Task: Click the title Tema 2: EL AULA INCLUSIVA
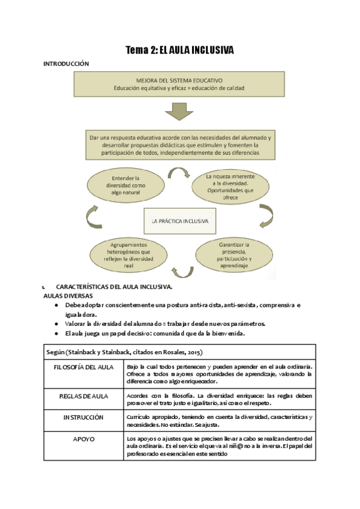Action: pyautogui.click(x=179, y=50)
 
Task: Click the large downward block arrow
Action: pyautogui.click(x=179, y=111)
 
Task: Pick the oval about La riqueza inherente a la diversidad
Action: pyautogui.click(x=230, y=184)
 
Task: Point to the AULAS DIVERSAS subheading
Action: pyautogui.click(x=68, y=296)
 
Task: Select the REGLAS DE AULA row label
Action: pyautogui.click(x=83, y=396)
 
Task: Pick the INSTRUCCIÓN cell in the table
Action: pyautogui.click(x=83, y=417)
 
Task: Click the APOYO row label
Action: pyautogui.click(x=83, y=439)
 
